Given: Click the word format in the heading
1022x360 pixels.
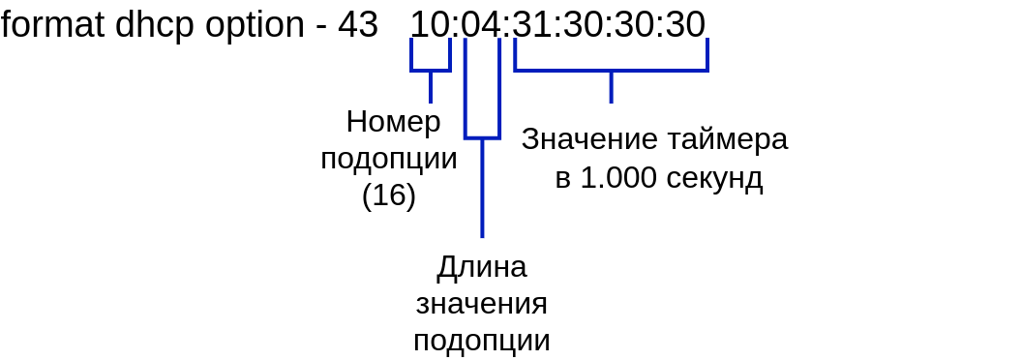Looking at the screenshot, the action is [52, 25].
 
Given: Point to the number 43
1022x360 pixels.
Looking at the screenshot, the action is [358, 25].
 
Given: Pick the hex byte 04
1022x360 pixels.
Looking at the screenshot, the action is [482, 25].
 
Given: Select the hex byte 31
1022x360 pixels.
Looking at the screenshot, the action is [532, 25].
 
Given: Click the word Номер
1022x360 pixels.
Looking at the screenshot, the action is [394, 122].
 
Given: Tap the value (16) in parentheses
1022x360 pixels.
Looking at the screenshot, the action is [389, 195].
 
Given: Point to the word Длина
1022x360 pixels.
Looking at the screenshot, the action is [482, 268].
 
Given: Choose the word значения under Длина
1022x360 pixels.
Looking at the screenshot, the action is [482, 305].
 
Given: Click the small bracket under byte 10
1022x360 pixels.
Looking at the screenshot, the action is [430, 70].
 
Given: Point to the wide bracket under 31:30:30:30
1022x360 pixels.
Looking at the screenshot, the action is [611, 70].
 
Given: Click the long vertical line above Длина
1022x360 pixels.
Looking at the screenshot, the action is [482, 188].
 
